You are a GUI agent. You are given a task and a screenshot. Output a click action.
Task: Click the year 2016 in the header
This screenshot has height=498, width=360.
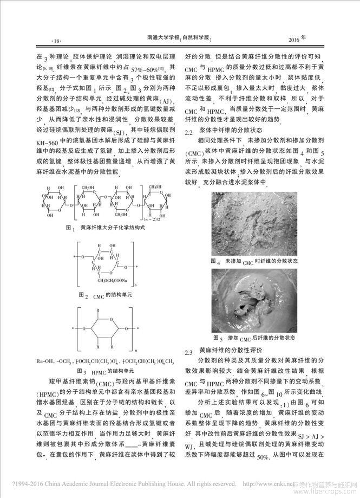[293, 40]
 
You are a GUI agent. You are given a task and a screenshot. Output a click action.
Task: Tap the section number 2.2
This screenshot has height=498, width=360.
[191, 131]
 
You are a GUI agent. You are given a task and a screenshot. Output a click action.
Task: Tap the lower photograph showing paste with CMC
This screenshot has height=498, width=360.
[254, 299]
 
